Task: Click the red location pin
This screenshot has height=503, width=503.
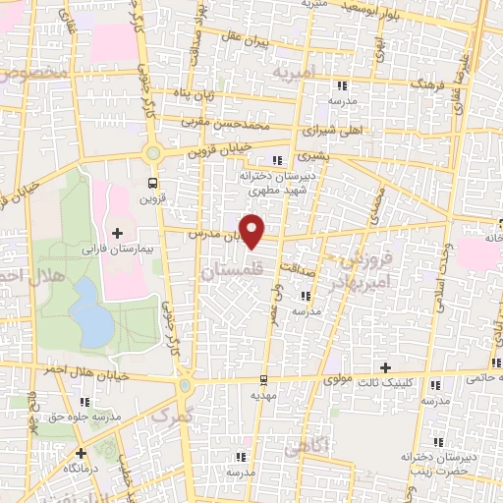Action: coord(253,230)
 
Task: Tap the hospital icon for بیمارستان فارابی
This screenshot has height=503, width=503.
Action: coord(118,233)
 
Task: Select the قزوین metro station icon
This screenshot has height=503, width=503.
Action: coord(151,182)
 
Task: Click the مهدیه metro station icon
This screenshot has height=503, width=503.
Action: coord(263,379)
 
